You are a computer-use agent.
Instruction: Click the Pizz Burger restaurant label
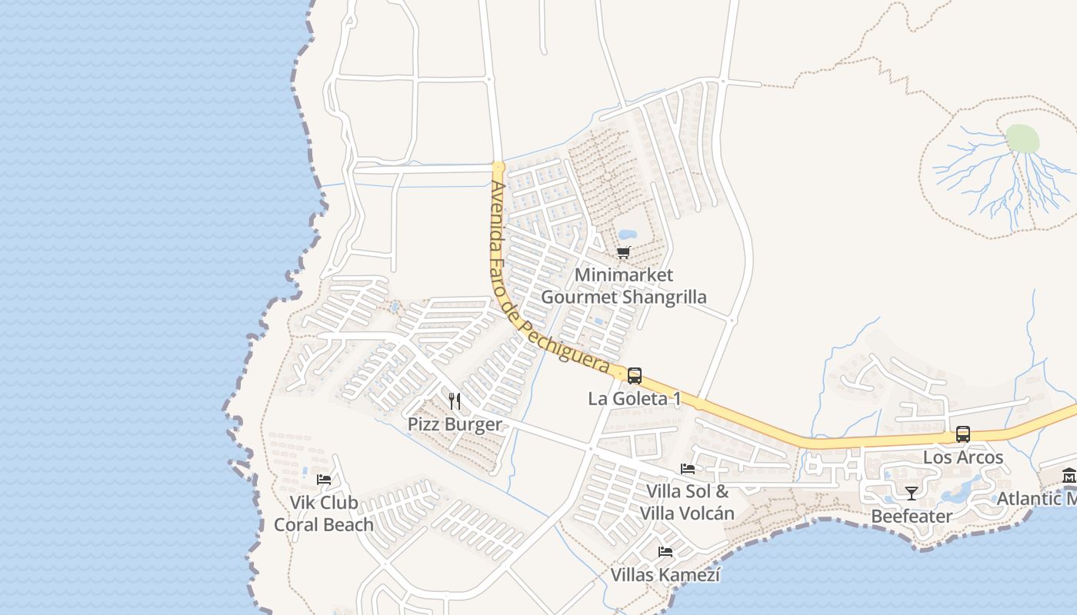tap(454, 424)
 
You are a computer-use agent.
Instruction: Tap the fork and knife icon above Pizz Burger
tap(455, 401)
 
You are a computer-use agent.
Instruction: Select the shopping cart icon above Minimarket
tap(624, 252)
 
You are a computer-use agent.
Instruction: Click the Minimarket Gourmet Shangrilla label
tap(623, 286)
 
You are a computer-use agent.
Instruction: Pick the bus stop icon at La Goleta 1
tap(635, 376)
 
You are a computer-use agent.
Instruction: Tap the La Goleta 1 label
tap(635, 399)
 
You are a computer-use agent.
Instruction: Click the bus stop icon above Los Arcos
tap(962, 434)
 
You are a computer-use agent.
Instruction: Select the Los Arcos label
tap(963, 457)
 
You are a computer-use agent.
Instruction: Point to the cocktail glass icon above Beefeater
tap(912, 493)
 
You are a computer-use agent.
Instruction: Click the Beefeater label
tap(912, 516)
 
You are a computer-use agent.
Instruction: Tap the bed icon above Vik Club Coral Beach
tap(324, 479)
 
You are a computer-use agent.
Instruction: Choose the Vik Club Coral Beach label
tap(324, 514)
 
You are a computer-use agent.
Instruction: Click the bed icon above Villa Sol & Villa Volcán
tap(688, 468)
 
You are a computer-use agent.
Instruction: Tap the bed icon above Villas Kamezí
tap(665, 551)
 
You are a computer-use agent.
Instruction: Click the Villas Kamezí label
tap(665, 574)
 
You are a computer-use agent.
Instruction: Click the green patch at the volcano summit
tap(1022, 139)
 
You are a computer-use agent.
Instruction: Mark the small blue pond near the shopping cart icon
tap(628, 234)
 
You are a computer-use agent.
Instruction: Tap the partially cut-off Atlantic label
tap(1036, 498)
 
